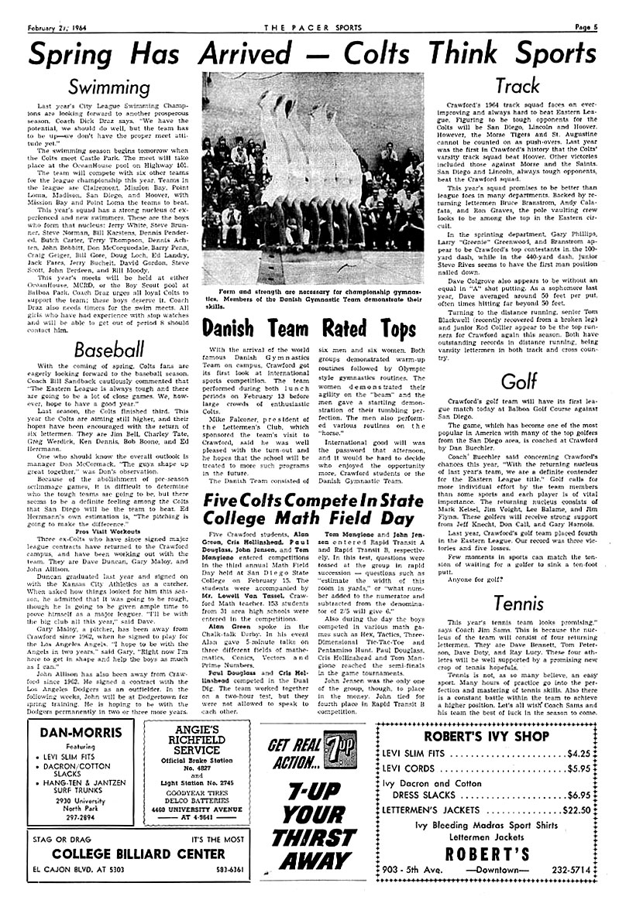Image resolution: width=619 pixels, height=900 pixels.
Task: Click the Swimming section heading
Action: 108,86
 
